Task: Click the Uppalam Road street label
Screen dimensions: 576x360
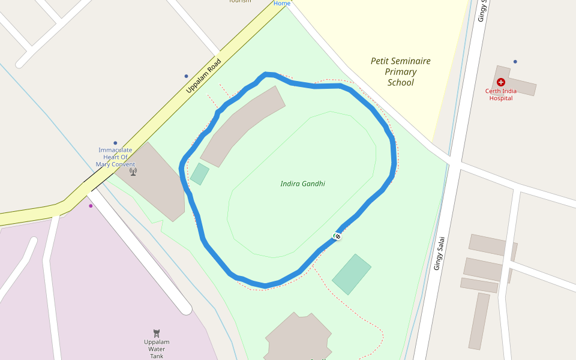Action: pyautogui.click(x=203, y=76)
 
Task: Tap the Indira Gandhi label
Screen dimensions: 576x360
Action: pyautogui.click(x=302, y=184)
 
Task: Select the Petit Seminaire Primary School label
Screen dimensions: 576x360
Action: pyautogui.click(x=400, y=71)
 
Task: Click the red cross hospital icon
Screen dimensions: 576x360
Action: pyautogui.click(x=501, y=82)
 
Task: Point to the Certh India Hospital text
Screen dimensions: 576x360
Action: pyautogui.click(x=501, y=95)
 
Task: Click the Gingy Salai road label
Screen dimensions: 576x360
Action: pyautogui.click(x=439, y=253)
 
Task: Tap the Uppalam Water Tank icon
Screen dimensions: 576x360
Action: pyautogui.click(x=157, y=333)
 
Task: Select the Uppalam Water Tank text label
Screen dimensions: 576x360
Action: pyautogui.click(x=157, y=349)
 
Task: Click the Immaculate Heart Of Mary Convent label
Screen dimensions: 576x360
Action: pyautogui.click(x=115, y=157)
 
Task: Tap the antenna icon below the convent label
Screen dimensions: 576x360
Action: pyautogui.click(x=133, y=172)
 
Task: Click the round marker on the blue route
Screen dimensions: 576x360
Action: pyautogui.click(x=337, y=236)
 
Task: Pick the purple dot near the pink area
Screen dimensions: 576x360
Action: pyautogui.click(x=91, y=206)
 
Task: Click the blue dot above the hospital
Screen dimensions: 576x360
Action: pyautogui.click(x=515, y=62)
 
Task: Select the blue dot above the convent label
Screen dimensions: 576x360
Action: pyautogui.click(x=115, y=143)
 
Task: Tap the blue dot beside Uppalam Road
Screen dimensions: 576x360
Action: pyautogui.click(x=186, y=76)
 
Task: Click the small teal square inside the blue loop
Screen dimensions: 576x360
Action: pyautogui.click(x=200, y=174)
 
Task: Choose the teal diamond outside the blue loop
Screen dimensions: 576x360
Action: pyautogui.click(x=352, y=274)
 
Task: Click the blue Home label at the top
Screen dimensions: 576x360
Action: pyautogui.click(x=282, y=4)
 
